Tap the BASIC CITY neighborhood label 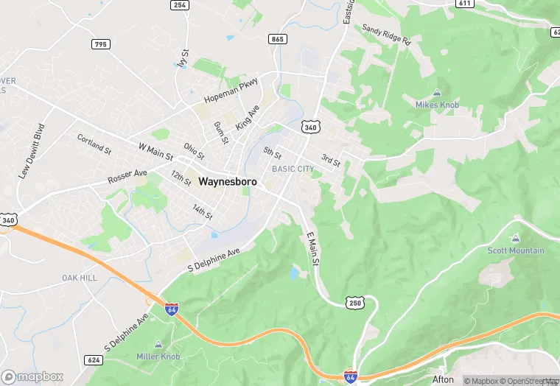293,169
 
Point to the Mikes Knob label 436,105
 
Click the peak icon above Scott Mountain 515,239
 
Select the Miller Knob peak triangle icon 158,345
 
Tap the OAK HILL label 79,278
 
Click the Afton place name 443,379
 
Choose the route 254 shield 179,5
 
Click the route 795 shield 101,44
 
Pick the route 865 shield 278,39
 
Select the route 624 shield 94,359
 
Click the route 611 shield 464,4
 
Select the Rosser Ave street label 127,177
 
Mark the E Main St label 312,248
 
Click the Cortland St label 94,142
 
